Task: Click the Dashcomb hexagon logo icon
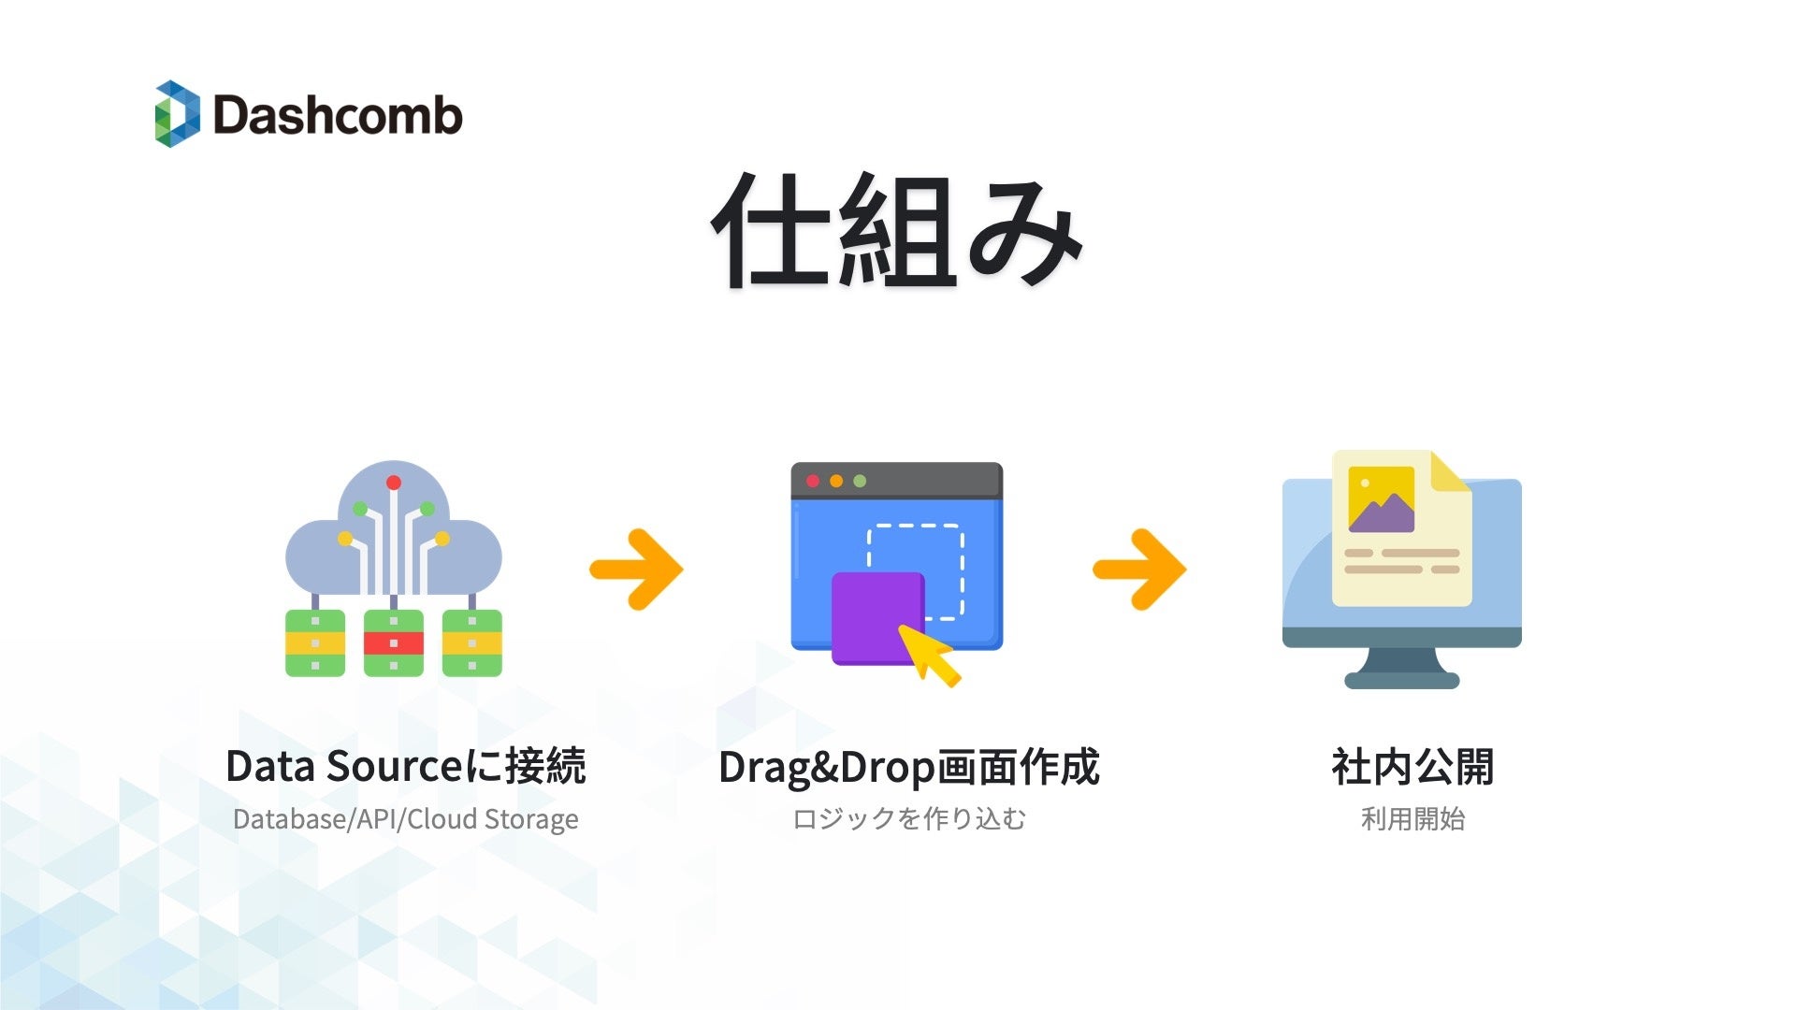[177, 114]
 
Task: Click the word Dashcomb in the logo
[338, 115]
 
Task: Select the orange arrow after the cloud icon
[638, 569]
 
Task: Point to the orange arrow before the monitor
[1140, 569]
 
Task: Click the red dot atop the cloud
[394, 483]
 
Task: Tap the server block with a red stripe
[394, 642]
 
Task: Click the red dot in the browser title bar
[813, 481]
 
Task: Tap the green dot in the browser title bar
[860, 481]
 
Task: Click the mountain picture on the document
[1381, 499]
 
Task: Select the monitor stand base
[1401, 680]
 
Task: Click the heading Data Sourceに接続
[406, 767]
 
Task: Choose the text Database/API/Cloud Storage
[406, 819]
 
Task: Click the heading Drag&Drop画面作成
[908, 767]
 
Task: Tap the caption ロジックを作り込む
[908, 819]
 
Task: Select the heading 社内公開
[1412, 767]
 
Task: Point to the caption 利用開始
[1412, 819]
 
